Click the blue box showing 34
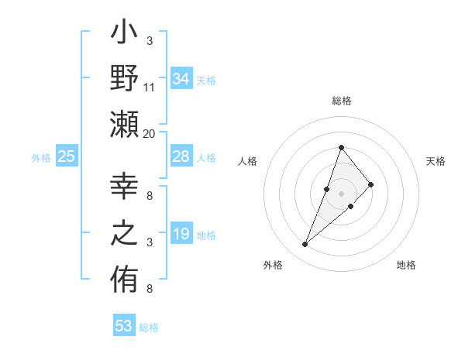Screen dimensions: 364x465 (181, 79)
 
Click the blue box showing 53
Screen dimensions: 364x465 (124, 326)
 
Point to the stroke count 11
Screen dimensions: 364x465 (150, 88)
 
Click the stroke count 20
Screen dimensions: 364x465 (150, 134)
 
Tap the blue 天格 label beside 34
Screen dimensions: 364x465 (206, 80)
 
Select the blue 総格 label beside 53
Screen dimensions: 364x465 (149, 327)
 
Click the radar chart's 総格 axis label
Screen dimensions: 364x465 (341, 101)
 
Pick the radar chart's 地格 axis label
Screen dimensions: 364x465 (406, 265)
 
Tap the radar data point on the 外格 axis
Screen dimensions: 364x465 (305, 245)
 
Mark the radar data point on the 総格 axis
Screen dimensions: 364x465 (341, 148)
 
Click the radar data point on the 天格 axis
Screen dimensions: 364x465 (371, 184)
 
